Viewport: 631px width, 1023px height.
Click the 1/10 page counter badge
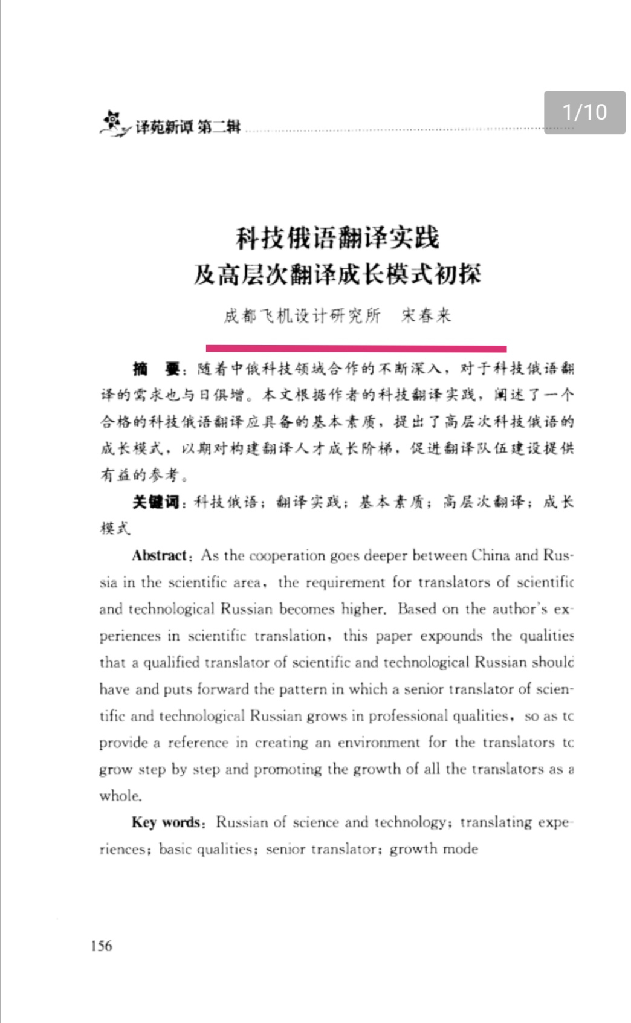click(x=584, y=112)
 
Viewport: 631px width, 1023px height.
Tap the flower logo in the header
click(x=113, y=123)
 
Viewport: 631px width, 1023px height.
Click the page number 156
click(x=102, y=946)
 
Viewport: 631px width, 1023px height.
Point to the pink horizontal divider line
click(x=356, y=348)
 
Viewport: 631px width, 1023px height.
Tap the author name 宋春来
click(x=427, y=315)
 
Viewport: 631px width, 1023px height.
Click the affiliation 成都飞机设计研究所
click(x=302, y=315)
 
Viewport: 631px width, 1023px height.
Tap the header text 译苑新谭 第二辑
click(x=188, y=126)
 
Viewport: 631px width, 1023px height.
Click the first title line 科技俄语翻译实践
click(x=337, y=237)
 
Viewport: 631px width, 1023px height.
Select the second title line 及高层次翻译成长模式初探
click(x=337, y=274)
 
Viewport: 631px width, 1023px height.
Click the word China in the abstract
click(x=491, y=555)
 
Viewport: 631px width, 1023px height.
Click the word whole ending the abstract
click(x=120, y=795)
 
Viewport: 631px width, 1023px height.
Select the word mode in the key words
click(x=460, y=848)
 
